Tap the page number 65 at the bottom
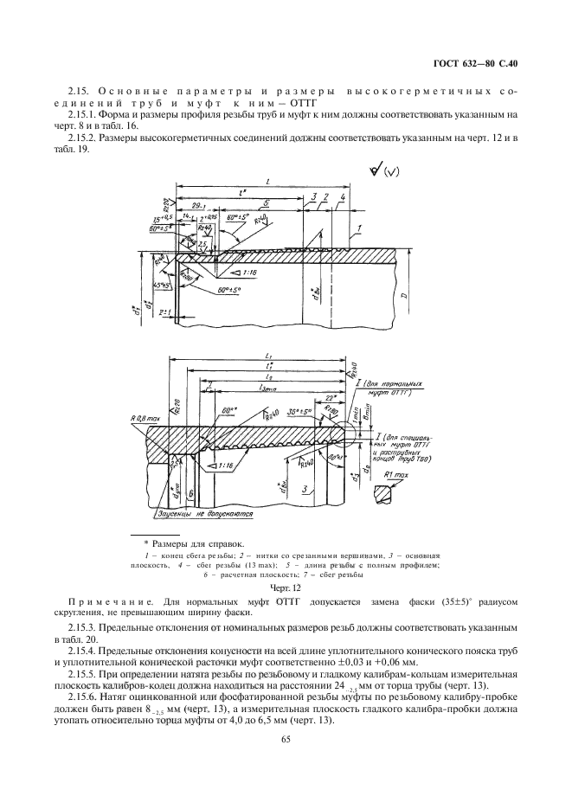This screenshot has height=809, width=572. pyautogui.click(x=286, y=737)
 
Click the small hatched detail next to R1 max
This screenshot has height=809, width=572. pyautogui.click(x=384, y=494)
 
